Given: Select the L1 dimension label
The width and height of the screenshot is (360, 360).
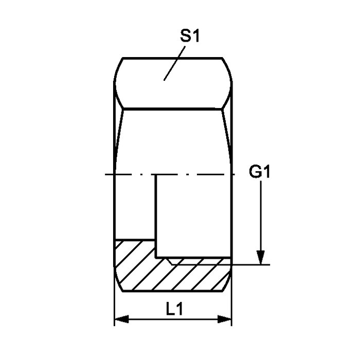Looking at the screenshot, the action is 174,309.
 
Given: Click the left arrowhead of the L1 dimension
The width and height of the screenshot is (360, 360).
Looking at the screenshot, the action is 121,319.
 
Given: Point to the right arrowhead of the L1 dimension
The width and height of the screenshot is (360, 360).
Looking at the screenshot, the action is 225,319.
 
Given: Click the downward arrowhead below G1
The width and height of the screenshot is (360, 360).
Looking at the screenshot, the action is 261,258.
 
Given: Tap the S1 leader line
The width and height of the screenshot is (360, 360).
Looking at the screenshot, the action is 174,63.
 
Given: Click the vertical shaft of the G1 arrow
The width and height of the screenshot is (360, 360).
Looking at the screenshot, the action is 261,216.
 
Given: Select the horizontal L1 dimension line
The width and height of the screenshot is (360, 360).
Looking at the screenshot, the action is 173,319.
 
